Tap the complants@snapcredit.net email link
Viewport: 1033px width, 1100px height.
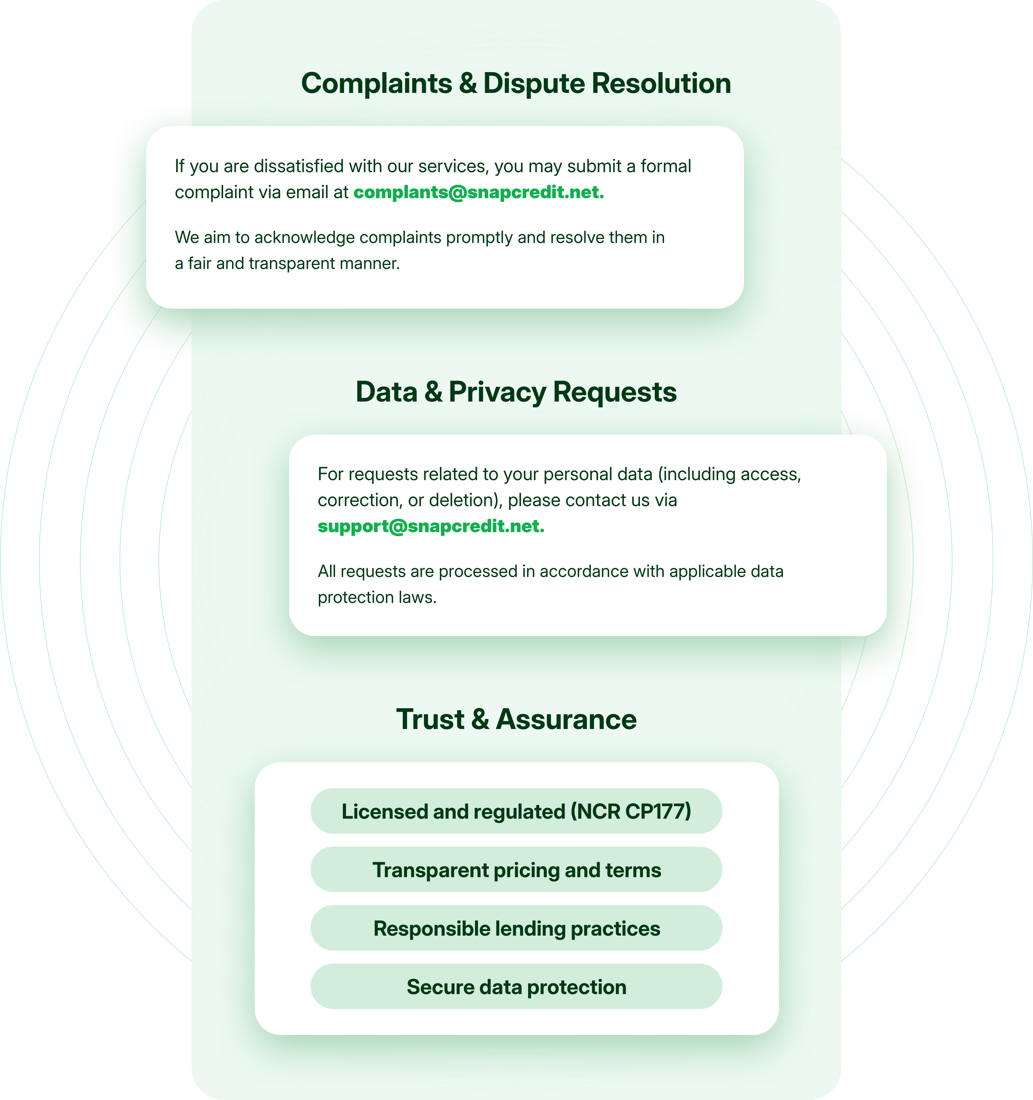pos(478,192)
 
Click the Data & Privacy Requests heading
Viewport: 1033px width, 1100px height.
pos(516,392)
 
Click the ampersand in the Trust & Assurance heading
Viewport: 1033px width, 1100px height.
pos(480,719)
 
